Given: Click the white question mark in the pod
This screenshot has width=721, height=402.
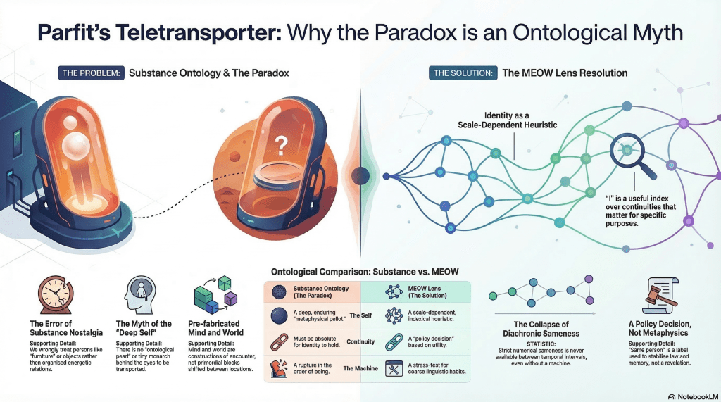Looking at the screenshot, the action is click(280, 145).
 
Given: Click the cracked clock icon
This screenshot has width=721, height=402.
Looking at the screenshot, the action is click(55, 295).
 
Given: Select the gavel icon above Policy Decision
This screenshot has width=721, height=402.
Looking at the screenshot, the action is click(660, 296).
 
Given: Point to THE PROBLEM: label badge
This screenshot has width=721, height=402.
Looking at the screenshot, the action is click(91, 73).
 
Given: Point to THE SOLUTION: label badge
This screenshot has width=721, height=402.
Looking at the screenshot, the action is click(463, 73).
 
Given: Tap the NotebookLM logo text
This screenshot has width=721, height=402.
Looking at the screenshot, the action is click(694, 396).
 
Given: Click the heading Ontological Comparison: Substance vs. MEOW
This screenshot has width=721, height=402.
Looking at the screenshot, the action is click(365, 272).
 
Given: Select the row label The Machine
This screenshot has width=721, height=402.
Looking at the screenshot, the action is click(360, 368).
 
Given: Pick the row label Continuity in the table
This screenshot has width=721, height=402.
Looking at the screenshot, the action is click(360, 341).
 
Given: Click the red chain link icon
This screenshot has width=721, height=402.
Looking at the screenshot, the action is click(279, 342).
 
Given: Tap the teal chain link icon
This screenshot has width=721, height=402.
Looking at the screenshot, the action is click(394, 342).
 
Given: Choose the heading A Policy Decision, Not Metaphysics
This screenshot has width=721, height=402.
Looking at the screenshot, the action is click(659, 328).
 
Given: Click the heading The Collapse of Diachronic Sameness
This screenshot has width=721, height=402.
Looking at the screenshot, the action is click(541, 329).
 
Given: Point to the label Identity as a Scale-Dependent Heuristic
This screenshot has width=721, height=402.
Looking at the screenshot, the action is click(507, 120).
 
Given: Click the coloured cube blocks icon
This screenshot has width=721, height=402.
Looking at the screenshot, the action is click(216, 294).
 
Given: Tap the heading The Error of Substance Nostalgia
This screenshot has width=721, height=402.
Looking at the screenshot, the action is click(66, 328).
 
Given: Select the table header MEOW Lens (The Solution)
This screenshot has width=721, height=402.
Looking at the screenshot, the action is click(427, 291).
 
